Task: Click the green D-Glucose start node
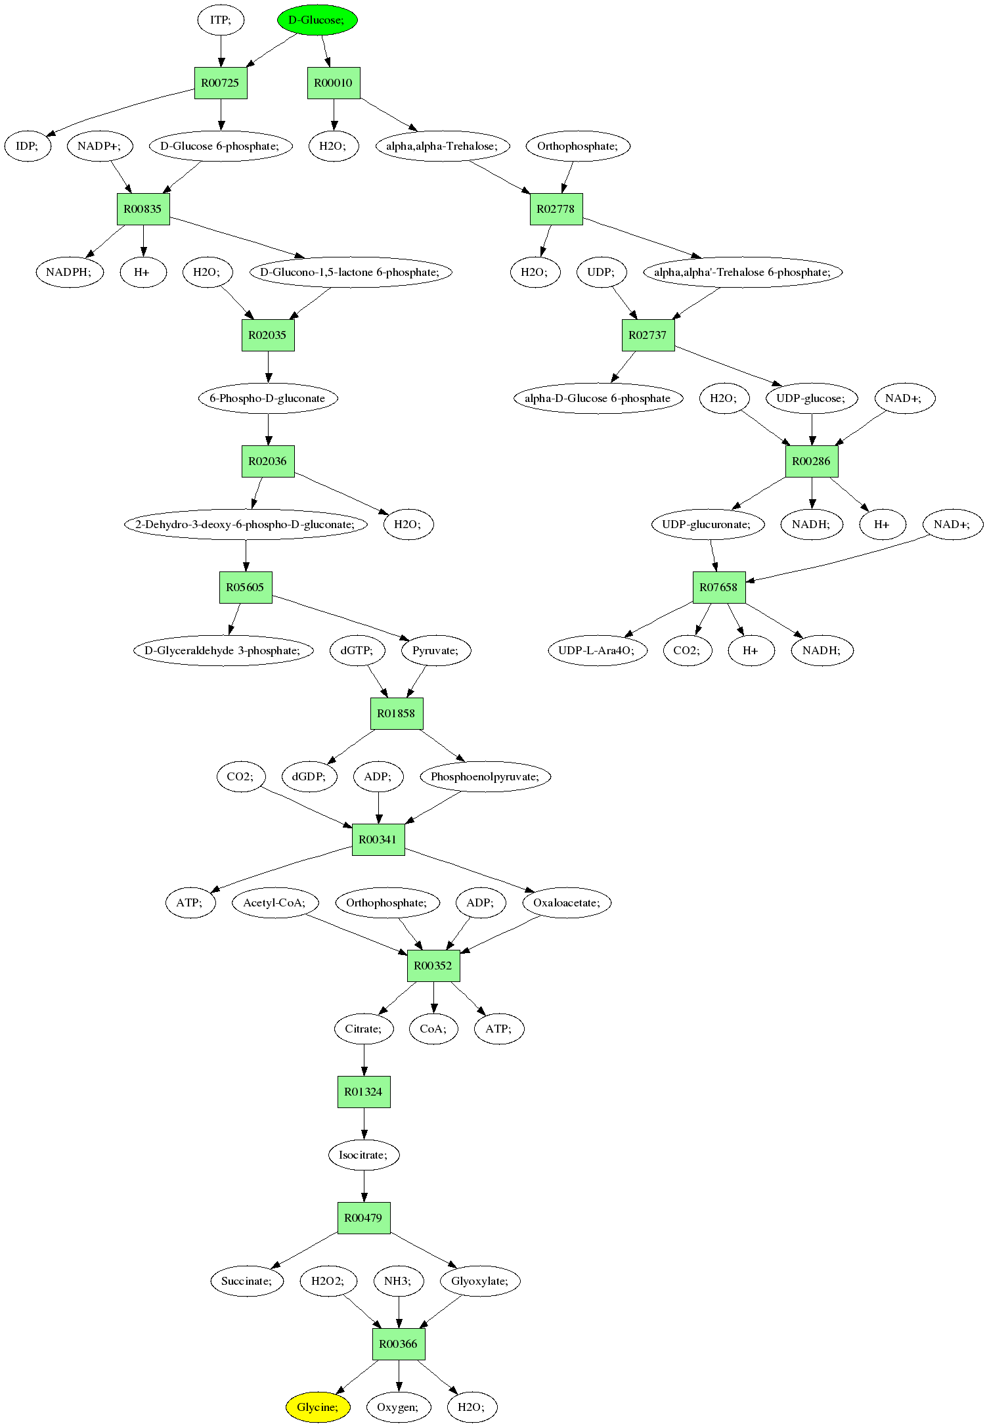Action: tap(317, 20)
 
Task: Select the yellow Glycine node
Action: tap(318, 1407)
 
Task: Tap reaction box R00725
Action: tap(221, 83)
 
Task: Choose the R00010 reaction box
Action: tap(334, 83)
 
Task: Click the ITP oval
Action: tap(221, 20)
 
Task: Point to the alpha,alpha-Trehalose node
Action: tap(442, 146)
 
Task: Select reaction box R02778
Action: tap(556, 209)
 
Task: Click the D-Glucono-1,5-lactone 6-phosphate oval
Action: tap(351, 272)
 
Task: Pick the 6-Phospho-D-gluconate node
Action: tap(268, 398)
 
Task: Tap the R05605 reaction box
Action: tap(246, 587)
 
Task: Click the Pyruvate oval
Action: tap(436, 650)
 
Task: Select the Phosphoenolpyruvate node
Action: tap(485, 776)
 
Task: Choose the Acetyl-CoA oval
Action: tap(275, 902)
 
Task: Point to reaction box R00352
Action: tap(433, 966)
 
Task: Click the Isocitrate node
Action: tap(364, 1155)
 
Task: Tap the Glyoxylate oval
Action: tap(480, 1281)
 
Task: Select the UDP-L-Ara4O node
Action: tap(597, 650)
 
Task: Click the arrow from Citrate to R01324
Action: tap(364, 1060)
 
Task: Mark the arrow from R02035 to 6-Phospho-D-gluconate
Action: tap(268, 367)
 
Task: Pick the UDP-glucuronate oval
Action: tap(708, 524)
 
